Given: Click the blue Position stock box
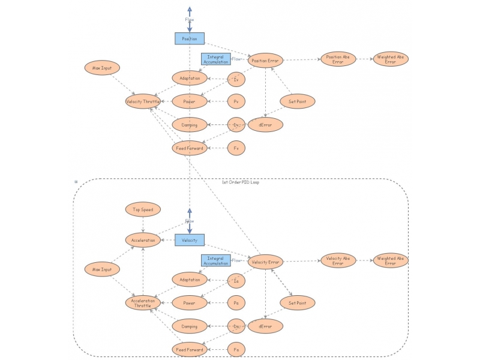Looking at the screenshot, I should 190,38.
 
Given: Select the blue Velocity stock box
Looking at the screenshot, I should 190,240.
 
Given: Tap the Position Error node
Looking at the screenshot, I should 265,60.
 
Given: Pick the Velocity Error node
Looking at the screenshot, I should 265,262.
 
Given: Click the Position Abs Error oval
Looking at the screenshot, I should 338,59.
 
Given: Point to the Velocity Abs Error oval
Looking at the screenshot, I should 338,260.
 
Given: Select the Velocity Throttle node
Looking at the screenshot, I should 143,102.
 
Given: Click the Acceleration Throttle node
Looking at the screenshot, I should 143,303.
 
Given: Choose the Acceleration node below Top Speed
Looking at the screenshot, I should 143,240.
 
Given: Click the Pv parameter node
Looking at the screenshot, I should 236,101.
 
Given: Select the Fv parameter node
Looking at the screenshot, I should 236,148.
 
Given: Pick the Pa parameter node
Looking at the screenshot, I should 236,303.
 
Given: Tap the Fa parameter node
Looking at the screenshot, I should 236,349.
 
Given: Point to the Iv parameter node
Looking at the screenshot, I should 236,79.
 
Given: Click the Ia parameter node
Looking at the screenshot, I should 236,280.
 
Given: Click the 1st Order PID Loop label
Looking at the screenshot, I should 240,182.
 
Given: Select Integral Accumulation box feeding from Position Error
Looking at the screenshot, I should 215,59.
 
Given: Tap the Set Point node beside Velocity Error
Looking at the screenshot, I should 298,303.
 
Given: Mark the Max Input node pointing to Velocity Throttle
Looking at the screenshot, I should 102,68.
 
